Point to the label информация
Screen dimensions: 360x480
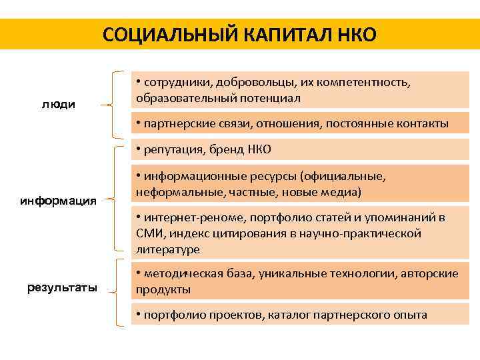tap(59, 200)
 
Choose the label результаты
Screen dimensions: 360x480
tap(62, 288)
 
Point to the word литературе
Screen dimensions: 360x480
tap(168, 249)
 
